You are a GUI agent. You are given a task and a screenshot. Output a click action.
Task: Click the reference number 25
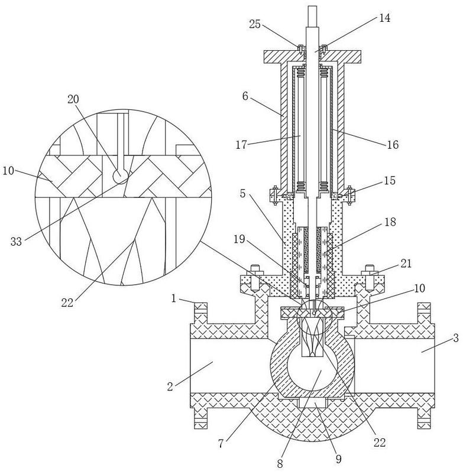254,24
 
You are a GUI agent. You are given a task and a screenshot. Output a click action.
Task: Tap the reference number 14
385,18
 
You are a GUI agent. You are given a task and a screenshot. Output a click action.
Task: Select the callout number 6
245,96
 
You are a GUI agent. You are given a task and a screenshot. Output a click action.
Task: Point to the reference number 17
241,145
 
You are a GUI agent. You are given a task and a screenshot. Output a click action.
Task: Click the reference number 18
390,222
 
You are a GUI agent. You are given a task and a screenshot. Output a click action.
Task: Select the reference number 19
239,240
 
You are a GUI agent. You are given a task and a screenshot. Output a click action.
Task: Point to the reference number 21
406,263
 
